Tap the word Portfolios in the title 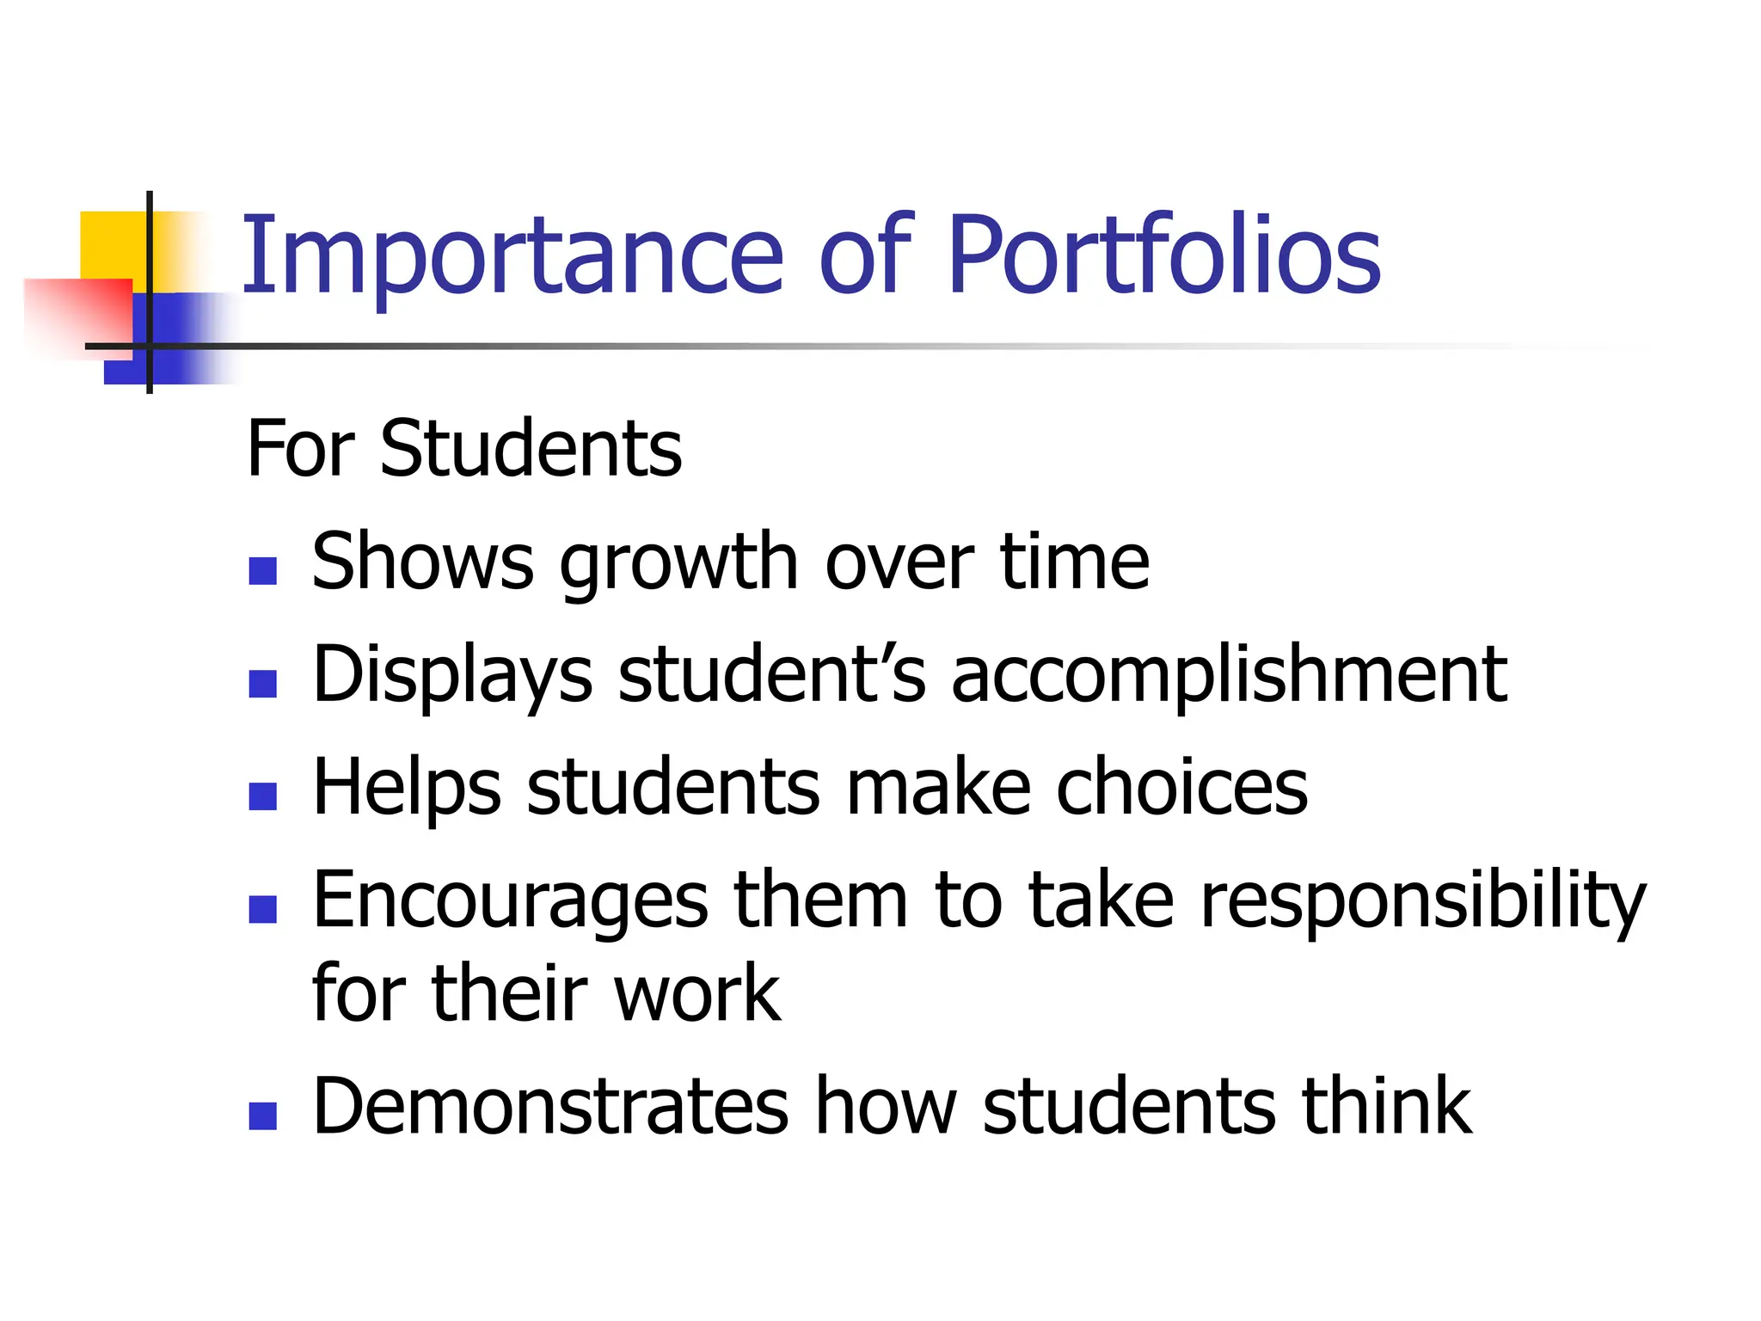tap(1164, 256)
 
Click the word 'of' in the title tap(865, 256)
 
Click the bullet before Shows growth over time tap(262, 571)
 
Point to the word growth tap(678, 563)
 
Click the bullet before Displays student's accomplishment tap(262, 684)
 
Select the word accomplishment tap(1229, 675)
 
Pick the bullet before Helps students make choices tap(262, 796)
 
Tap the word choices tap(1181, 788)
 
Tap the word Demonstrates tap(550, 1107)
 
